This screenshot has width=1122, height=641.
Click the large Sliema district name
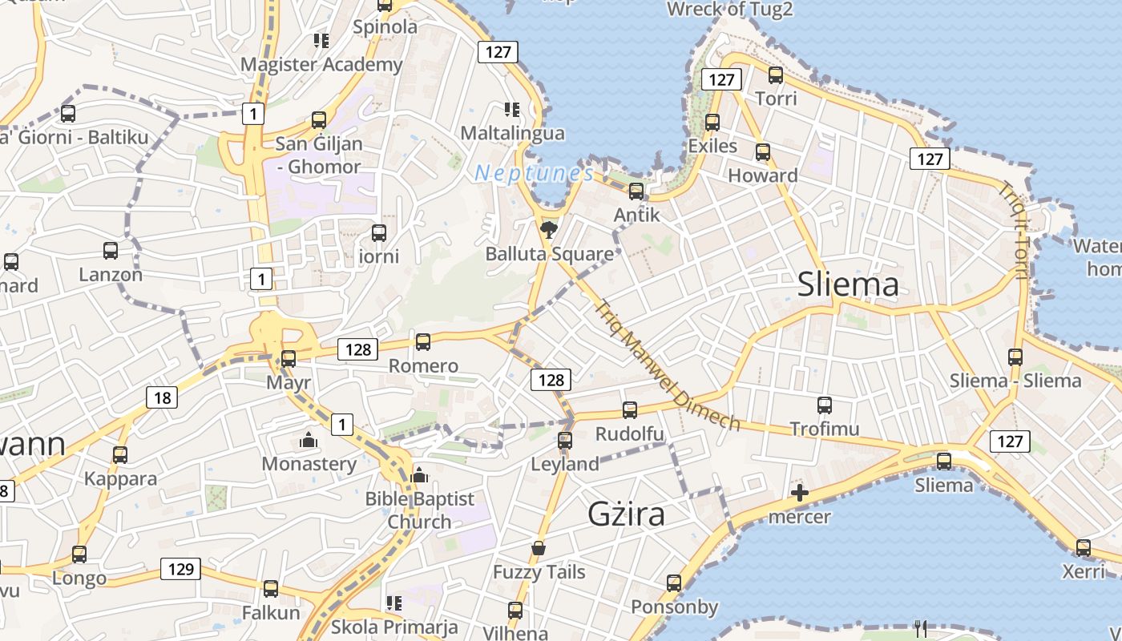[x=848, y=285]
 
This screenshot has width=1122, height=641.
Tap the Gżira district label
[x=627, y=514]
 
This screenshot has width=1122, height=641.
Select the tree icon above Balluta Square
[x=549, y=231]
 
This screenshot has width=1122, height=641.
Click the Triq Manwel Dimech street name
[x=668, y=365]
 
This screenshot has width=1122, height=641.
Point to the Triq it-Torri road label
[x=1011, y=231]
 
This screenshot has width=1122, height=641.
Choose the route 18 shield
[x=162, y=397]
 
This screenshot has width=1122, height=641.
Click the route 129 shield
[x=181, y=569]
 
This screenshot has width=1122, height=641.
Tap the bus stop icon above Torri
[x=776, y=75]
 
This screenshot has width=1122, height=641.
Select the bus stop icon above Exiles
[x=712, y=123]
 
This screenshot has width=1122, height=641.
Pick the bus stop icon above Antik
[x=636, y=191]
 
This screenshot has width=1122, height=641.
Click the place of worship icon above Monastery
[x=308, y=440]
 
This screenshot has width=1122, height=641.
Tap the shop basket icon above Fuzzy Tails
[x=539, y=549]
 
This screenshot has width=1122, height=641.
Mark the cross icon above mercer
[x=800, y=493]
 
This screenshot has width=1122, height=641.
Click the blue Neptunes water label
[x=535, y=172]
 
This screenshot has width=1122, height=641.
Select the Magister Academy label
[x=321, y=64]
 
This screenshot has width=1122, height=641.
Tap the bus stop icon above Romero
[x=423, y=342]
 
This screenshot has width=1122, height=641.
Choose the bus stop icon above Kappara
[x=120, y=455]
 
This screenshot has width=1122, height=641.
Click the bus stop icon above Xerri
[x=1084, y=548]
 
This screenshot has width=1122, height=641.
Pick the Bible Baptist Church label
[x=419, y=510]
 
